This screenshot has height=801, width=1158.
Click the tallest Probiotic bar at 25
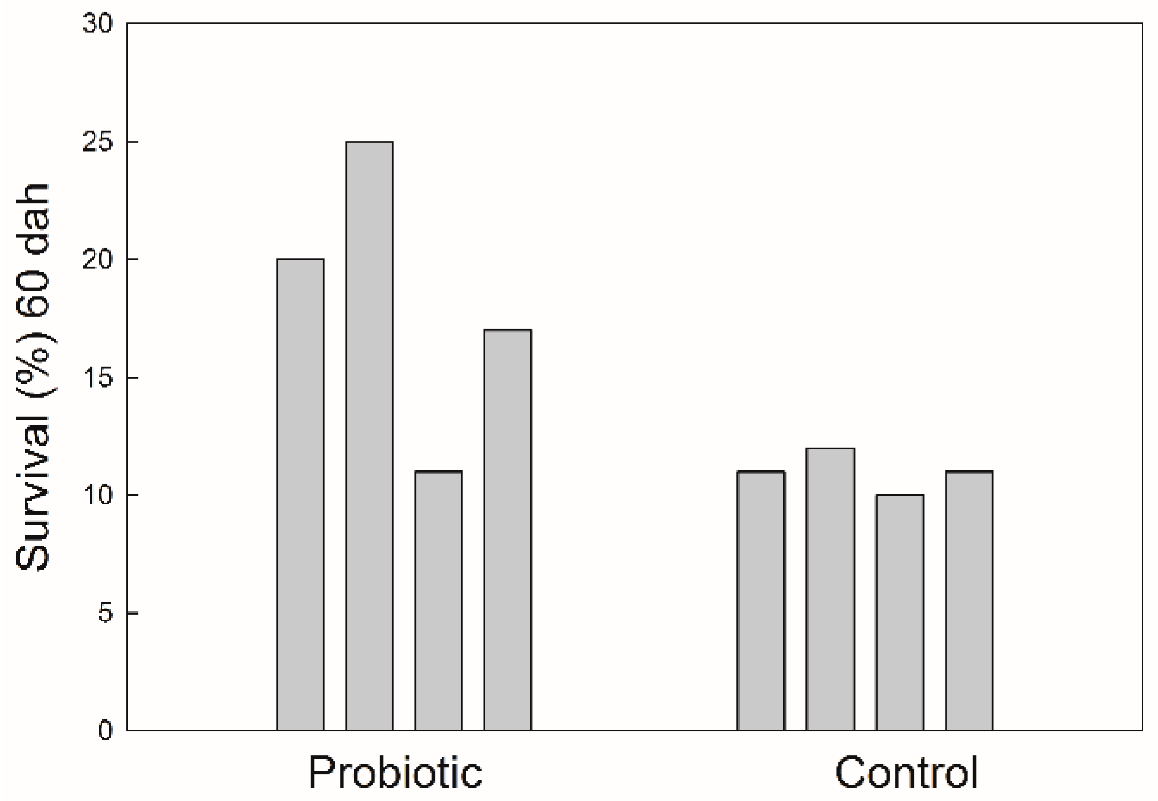click(369, 436)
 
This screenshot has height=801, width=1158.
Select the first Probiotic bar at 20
click(300, 494)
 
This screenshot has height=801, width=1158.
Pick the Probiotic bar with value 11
click(438, 601)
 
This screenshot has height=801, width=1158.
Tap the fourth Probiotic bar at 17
click(507, 530)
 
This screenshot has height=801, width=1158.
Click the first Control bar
click(761, 601)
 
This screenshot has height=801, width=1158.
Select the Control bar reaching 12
click(831, 589)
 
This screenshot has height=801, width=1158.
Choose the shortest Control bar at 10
click(899, 612)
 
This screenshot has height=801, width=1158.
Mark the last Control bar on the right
click(968, 601)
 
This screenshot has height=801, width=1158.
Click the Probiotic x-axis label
click(395, 773)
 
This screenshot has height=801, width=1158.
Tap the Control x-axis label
click(906, 773)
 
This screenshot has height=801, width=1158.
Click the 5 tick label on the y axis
click(104, 613)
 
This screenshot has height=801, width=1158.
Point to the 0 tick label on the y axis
click(104, 731)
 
